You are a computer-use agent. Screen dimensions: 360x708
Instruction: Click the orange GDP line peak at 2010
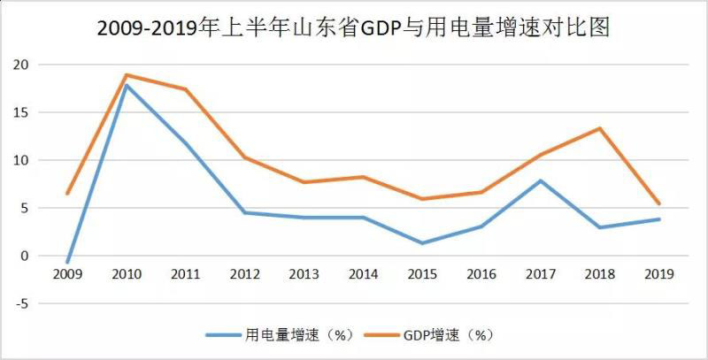[127, 74]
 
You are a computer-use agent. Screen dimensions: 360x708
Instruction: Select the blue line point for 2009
[68, 263]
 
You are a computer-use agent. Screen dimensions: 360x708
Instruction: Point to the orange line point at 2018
[600, 128]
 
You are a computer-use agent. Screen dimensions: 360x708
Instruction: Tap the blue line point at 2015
[423, 243]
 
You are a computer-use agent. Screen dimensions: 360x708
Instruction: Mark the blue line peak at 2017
[541, 180]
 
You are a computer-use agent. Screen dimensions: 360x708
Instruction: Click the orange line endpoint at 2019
[659, 204]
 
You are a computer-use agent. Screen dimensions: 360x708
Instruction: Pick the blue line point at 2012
[245, 212]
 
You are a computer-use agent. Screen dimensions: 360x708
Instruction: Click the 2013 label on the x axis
[304, 275]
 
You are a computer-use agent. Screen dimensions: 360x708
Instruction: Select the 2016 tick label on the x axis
[481, 275]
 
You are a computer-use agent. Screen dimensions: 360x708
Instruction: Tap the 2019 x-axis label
[659, 275]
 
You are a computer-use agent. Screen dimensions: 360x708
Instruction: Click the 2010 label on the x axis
[127, 275]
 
